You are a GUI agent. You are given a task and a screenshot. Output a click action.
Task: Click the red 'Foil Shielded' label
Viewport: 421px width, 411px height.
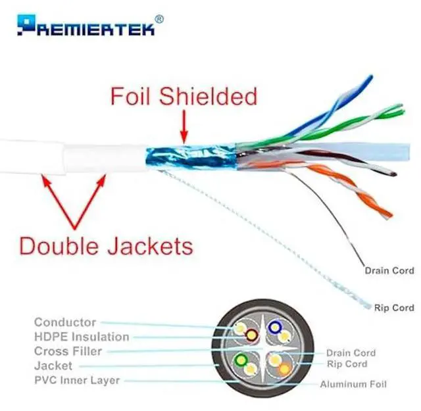click(184, 97)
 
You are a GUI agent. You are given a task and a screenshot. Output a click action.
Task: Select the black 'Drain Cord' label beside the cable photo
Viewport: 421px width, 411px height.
click(389, 270)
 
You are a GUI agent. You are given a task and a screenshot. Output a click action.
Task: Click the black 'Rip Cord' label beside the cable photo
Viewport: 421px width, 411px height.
click(394, 307)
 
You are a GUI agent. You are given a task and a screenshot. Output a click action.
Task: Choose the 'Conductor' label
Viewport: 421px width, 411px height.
click(65, 322)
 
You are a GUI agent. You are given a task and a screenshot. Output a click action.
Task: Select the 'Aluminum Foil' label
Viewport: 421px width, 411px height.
click(353, 384)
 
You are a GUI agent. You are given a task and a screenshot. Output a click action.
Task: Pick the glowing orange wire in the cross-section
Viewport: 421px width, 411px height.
click(284, 369)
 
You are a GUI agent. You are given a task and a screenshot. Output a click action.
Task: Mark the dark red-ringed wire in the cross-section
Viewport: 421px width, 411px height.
click(251, 336)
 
